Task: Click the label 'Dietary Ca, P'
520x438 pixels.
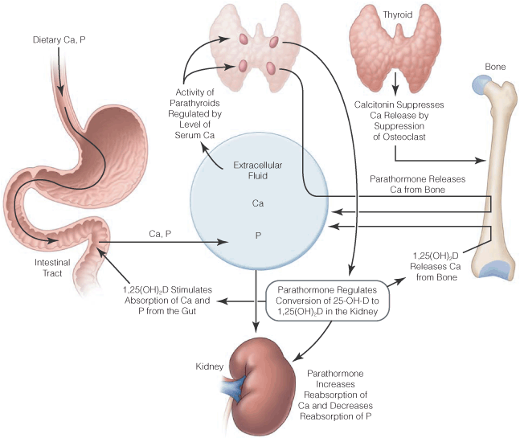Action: (59, 39)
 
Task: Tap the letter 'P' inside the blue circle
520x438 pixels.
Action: (258, 238)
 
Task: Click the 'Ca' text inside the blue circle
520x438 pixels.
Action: (258, 204)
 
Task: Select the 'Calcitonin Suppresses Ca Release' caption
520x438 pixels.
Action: (395, 121)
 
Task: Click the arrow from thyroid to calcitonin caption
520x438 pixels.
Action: (395, 83)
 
